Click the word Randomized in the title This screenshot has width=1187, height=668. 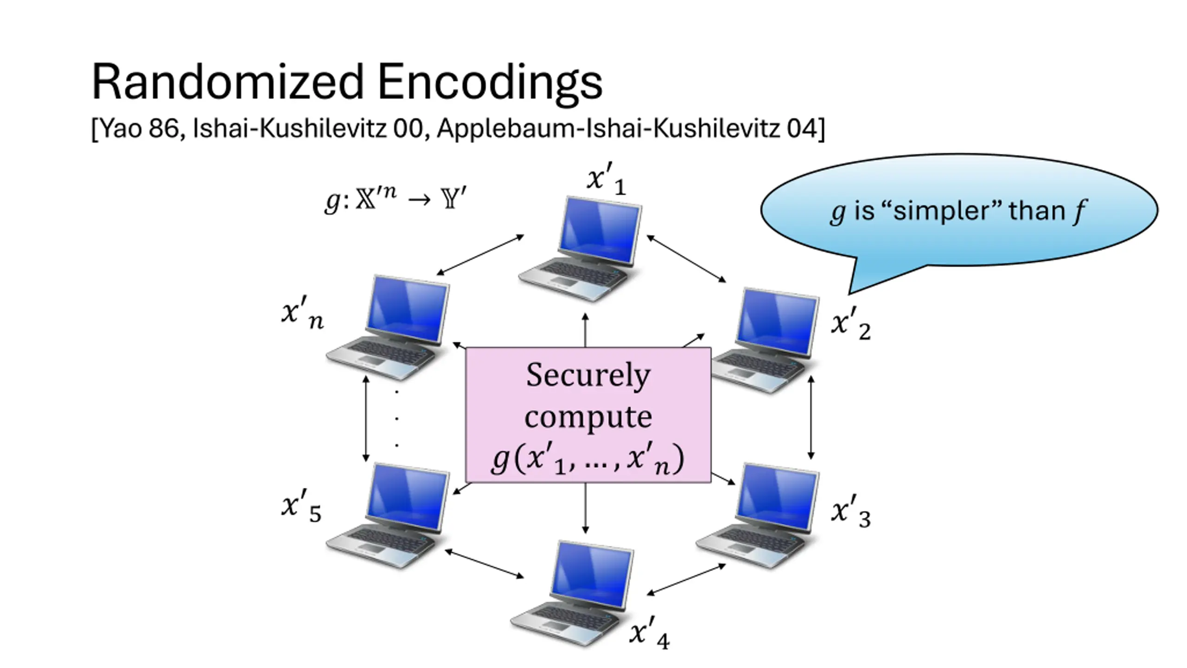point(228,82)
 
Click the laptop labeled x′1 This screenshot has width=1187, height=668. point(580,249)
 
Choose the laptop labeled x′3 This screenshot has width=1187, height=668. point(758,515)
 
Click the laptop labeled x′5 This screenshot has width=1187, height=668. point(388,515)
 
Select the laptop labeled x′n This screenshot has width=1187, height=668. point(388,328)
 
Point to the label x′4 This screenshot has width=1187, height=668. point(650,634)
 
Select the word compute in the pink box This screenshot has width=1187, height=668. point(588,417)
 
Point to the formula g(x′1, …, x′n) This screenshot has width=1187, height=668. point(587,459)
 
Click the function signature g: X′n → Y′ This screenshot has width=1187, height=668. point(395,199)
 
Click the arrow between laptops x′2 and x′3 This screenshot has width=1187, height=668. point(810,417)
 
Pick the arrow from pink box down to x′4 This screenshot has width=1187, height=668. point(585,508)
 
